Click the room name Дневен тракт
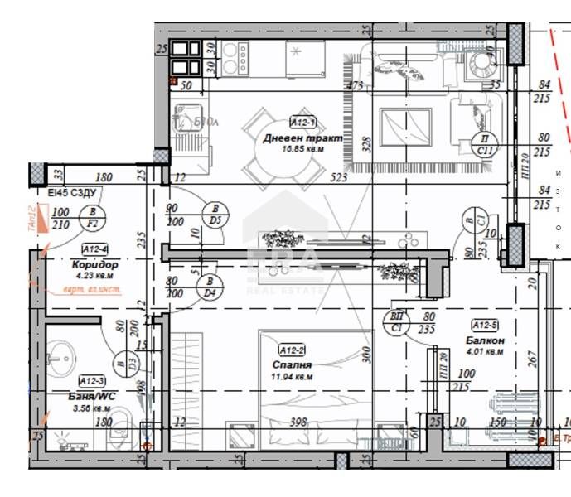coord(302,138)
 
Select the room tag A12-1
coord(302,121)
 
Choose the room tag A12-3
coord(90,380)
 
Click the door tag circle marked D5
coord(215,214)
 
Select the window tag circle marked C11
coord(485,144)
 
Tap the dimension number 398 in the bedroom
coord(298,422)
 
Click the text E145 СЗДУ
coord(73,193)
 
